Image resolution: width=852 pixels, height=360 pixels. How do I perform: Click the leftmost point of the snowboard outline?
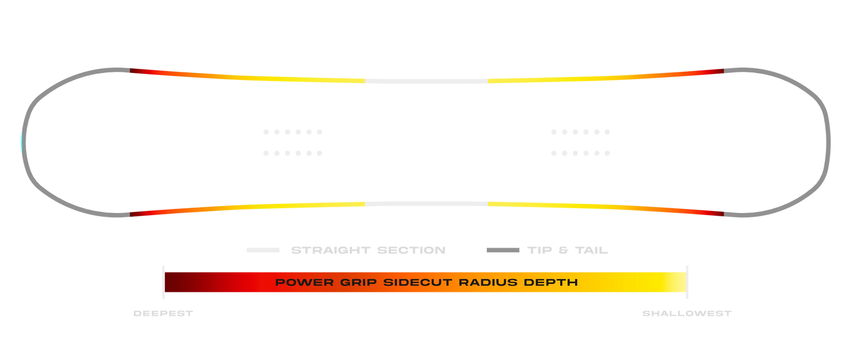(22, 143)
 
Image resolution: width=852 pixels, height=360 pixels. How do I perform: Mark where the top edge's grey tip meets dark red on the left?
(130, 70)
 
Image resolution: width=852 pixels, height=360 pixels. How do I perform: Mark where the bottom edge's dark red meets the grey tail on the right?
(724, 214)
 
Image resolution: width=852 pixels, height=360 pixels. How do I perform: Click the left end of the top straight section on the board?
(365, 81)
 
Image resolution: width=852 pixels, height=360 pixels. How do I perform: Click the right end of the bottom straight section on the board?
(488, 204)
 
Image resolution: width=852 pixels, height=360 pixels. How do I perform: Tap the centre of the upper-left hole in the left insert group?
(266, 132)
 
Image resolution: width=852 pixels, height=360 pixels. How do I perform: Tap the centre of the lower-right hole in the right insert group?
(608, 153)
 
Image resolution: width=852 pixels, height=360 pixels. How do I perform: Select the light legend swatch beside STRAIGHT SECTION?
(263, 250)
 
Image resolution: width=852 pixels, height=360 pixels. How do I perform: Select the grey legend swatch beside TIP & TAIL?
(503, 250)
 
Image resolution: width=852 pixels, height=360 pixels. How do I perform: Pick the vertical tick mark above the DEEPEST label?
(163, 282)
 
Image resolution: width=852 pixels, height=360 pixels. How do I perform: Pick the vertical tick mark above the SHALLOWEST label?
(687, 282)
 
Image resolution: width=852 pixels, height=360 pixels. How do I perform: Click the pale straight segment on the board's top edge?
(427, 81)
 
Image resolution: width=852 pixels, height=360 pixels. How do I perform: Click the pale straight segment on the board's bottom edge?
(427, 204)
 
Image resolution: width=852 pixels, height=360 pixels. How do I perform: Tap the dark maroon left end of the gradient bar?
(171, 282)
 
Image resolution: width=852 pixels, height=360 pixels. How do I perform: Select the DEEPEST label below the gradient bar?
(163, 314)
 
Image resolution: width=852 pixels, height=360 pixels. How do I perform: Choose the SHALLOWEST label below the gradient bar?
(687, 314)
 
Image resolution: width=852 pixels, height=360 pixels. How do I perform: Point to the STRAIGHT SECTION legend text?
(368, 250)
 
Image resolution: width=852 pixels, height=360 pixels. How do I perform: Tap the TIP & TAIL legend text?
(568, 250)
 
